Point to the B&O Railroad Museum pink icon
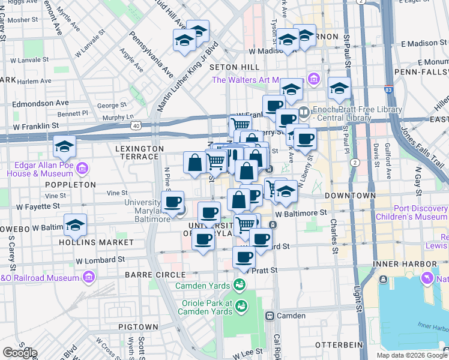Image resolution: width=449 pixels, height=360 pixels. pyautogui.click(x=89, y=277)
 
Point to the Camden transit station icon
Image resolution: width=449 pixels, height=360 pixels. pyautogui.click(x=270, y=316)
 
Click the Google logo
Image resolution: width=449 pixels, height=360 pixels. pyautogui.click(x=19, y=353)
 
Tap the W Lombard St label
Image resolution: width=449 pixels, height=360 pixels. pyautogui.click(x=100, y=260)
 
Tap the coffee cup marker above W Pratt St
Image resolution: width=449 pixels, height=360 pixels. pyautogui.click(x=244, y=258)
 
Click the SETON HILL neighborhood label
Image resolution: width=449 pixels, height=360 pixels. pyautogui.click(x=235, y=67)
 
